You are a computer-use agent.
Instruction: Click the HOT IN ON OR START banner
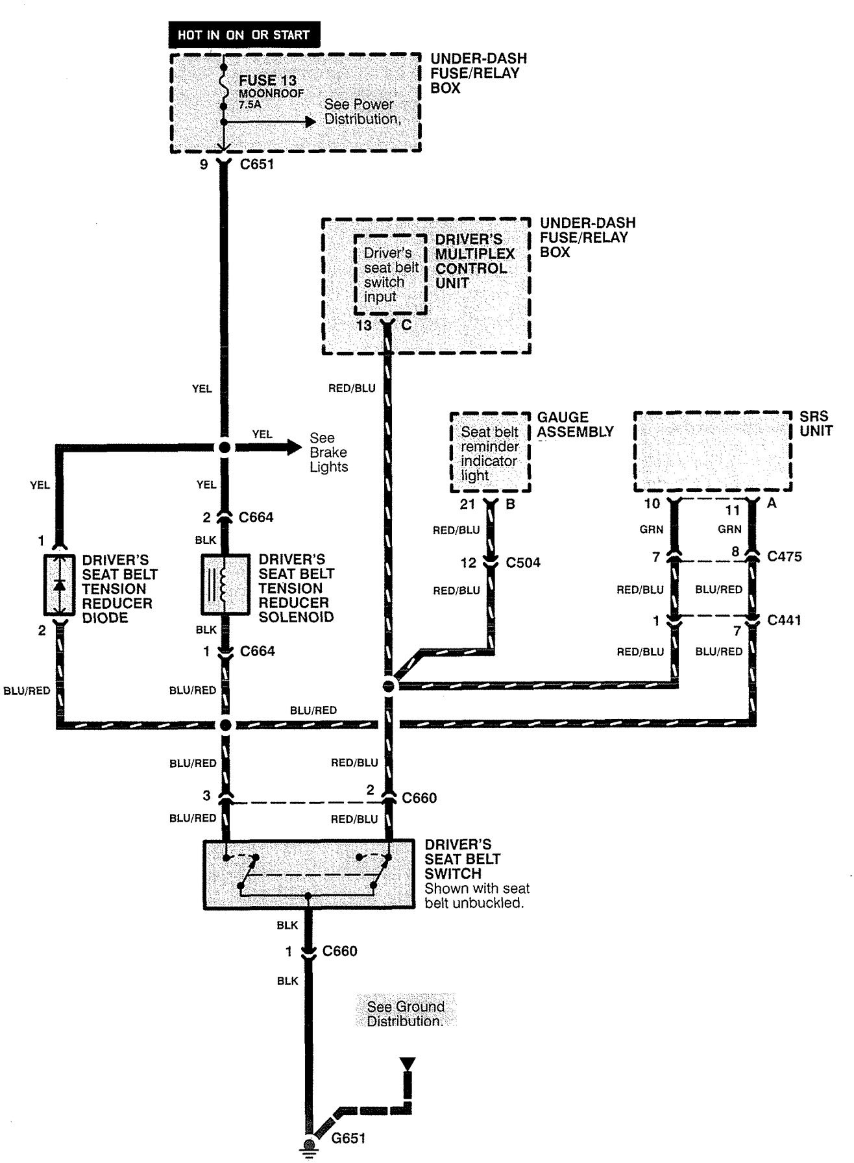tap(243, 34)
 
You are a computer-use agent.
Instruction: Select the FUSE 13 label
tap(267, 80)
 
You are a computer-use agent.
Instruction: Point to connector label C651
tap(257, 164)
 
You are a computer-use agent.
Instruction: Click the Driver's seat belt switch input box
tap(390, 275)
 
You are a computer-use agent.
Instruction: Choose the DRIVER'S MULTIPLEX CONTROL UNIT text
tap(474, 261)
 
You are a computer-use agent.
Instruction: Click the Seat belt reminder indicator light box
tap(490, 453)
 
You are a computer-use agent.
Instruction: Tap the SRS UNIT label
tap(816, 424)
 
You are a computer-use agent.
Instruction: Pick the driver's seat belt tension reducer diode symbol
tap(60, 585)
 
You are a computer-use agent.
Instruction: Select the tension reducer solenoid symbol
tap(225, 585)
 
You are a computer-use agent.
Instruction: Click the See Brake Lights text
tap(328, 452)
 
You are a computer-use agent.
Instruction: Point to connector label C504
tap(524, 563)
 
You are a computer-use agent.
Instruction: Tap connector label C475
tap(784, 556)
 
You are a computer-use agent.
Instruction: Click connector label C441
tap(784, 620)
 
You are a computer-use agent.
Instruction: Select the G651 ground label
tap(348, 1138)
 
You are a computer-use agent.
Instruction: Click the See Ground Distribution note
tap(406, 1014)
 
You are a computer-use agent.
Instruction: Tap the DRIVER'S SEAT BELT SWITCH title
tap(462, 859)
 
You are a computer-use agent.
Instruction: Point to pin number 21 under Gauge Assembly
tap(468, 504)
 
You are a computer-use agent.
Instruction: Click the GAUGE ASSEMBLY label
tap(575, 424)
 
